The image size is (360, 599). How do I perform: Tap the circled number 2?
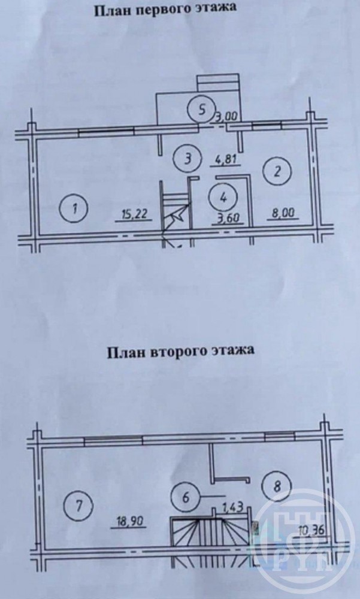(x=277, y=171)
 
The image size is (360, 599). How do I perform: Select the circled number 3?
(x=187, y=159)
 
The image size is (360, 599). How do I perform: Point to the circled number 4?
(x=223, y=198)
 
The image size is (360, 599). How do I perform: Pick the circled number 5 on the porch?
(x=201, y=110)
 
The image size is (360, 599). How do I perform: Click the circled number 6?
(x=186, y=498)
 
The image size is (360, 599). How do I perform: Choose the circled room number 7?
(x=79, y=507)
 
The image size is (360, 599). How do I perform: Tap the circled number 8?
(x=277, y=487)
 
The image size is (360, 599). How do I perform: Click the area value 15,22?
(x=134, y=214)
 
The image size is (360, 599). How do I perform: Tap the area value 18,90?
(x=128, y=522)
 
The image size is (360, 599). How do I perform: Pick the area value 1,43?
(x=234, y=509)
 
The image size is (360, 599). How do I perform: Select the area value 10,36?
(x=312, y=530)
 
